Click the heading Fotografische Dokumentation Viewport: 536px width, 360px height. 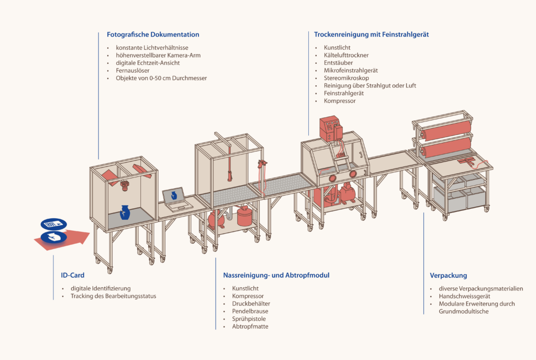[x=153, y=35]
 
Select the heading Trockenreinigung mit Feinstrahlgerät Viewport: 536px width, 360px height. [x=371, y=35]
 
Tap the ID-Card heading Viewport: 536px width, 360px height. [x=72, y=275]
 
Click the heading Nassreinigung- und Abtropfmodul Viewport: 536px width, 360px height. [x=276, y=275]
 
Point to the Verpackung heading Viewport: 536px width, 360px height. [x=448, y=276]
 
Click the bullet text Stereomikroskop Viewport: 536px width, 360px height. [x=347, y=78]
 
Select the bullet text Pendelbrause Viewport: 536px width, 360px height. [x=250, y=311]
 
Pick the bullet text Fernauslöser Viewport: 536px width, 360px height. [x=132, y=70]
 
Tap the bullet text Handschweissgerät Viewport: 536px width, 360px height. [x=464, y=296]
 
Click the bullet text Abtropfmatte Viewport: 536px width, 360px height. [x=250, y=327]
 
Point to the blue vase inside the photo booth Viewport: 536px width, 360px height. [x=125, y=212]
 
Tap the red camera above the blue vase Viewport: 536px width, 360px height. [x=125, y=185]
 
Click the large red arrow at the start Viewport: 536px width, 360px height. [x=62, y=239]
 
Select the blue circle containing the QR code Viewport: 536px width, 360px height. [x=54, y=224]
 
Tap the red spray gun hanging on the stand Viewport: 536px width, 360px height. [x=263, y=164]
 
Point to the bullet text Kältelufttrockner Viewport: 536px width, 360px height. [x=346, y=55]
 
